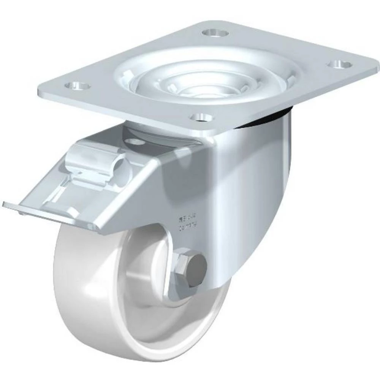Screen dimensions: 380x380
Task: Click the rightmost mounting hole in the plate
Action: pyautogui.click(x=337, y=64)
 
